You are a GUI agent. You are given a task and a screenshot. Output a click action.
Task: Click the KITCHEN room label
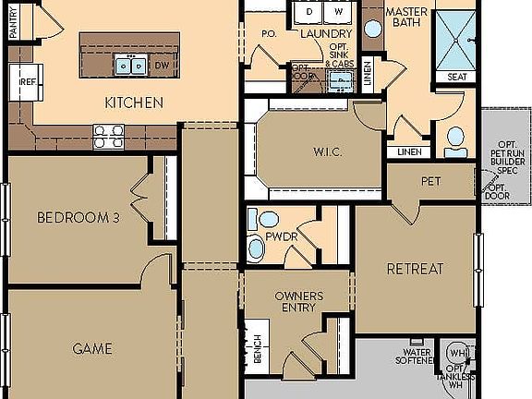(x=134, y=102)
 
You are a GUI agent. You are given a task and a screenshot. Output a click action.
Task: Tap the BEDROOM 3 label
(x=79, y=218)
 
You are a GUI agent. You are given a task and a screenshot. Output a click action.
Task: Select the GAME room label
(x=92, y=348)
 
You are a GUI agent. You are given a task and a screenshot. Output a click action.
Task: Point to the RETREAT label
(x=415, y=270)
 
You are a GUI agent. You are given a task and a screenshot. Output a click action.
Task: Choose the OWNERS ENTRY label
(x=297, y=302)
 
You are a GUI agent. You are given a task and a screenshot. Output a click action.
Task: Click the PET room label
(x=430, y=181)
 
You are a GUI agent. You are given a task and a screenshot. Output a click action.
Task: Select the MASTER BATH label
(x=406, y=18)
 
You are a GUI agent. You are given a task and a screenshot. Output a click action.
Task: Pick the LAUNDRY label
(x=326, y=34)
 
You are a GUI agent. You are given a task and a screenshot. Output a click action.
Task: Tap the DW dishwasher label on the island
(x=162, y=66)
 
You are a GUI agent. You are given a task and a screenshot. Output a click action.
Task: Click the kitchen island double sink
(x=129, y=65)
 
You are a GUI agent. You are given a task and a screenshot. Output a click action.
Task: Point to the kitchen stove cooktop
(x=109, y=137)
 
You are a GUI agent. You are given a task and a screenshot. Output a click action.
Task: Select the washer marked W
(x=338, y=12)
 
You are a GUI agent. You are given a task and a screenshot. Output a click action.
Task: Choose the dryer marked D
(x=309, y=12)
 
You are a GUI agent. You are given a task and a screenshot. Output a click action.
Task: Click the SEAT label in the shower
(x=456, y=77)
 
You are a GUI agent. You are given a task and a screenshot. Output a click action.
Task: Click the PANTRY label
(x=13, y=20)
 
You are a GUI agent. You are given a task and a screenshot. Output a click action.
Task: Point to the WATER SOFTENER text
(x=417, y=357)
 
